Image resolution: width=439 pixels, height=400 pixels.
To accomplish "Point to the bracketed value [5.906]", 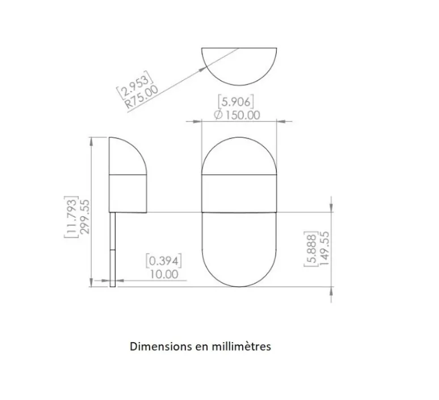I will tap(236, 102).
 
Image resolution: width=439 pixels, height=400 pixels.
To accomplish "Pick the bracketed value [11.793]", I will tap(72, 217).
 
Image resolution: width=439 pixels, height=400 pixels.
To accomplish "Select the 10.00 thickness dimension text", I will tap(163, 274).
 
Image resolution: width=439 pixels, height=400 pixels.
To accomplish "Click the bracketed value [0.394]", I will tap(163, 261).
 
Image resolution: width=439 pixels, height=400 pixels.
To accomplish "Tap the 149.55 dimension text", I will tap(324, 249).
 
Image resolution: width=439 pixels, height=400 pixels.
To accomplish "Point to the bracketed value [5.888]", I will tap(311, 249).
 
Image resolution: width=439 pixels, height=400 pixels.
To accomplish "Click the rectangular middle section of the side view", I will tap(129, 193).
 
